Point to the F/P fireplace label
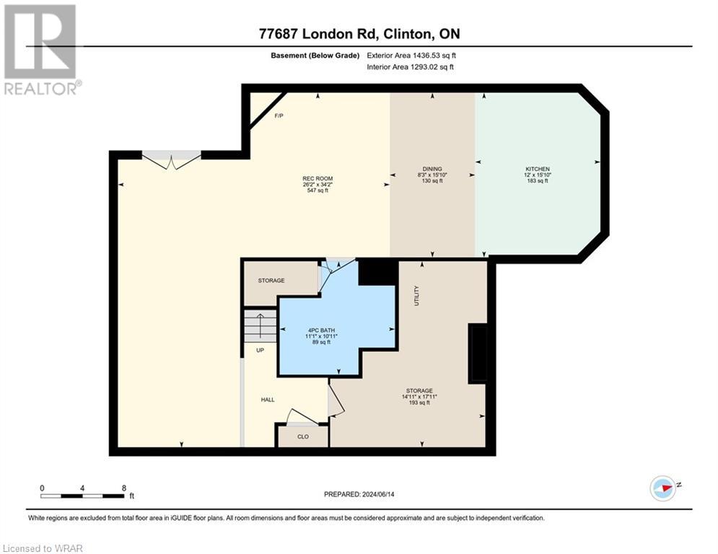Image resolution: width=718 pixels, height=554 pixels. point(278,115)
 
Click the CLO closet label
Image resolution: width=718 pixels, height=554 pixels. point(303,436)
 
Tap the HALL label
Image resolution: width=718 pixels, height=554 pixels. point(268,400)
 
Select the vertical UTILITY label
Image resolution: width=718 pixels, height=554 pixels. point(416,295)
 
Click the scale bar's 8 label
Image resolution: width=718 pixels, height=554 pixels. point(124,488)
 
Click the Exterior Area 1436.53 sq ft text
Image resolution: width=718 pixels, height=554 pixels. point(411,55)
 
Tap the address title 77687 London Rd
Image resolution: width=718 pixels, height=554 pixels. point(359,33)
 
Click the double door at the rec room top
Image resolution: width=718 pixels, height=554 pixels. point(171,159)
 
